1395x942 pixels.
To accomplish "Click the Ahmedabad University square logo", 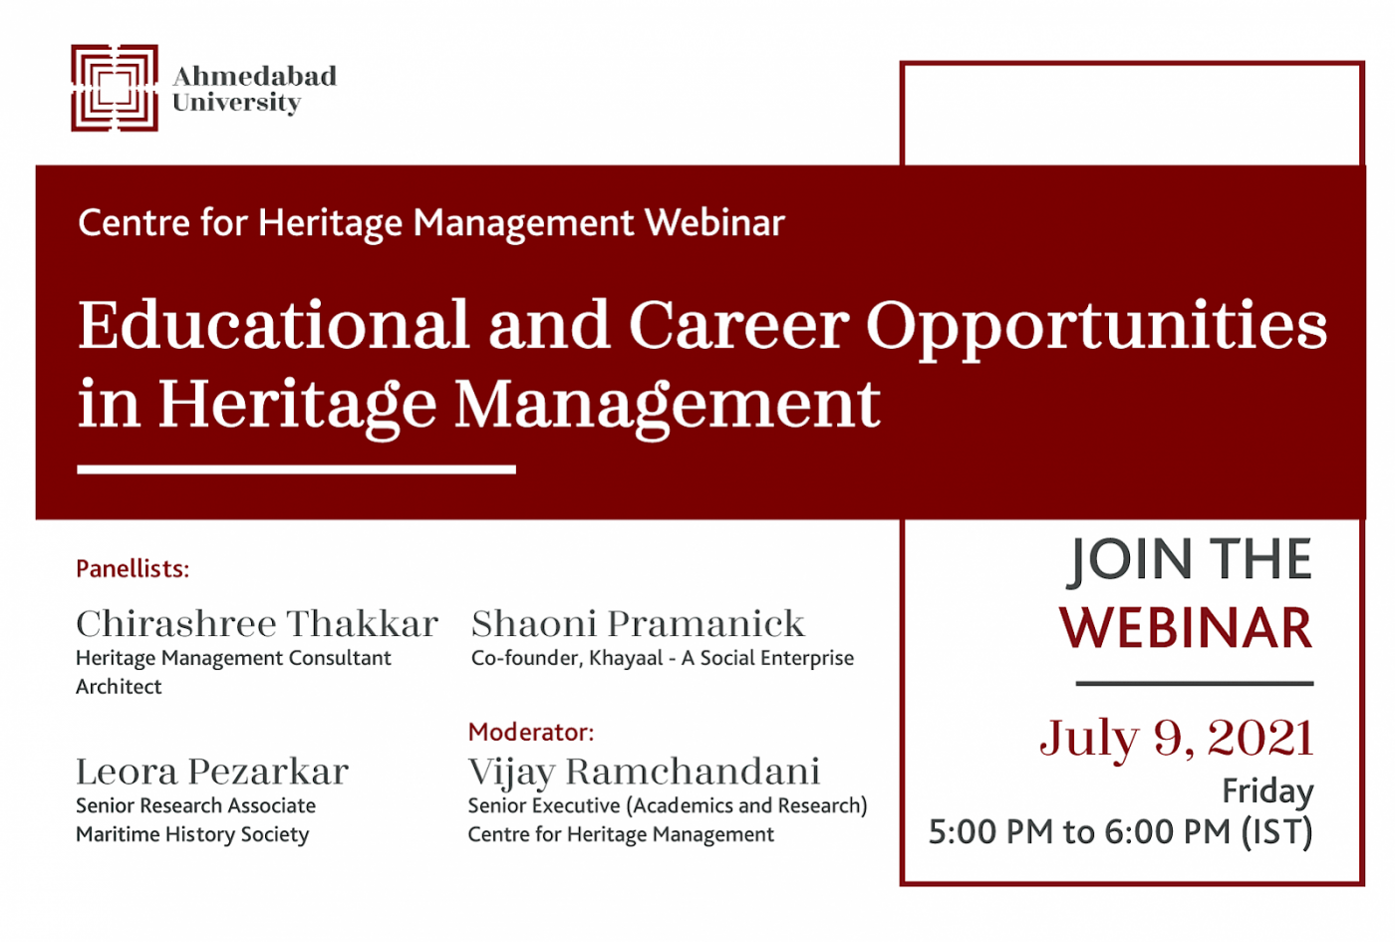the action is (x=115, y=88).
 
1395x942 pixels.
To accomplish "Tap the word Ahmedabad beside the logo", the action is (x=255, y=76).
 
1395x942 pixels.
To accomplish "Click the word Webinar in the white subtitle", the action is (x=715, y=222).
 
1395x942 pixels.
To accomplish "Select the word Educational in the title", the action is (x=273, y=325).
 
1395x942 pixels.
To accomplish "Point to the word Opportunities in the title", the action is (x=1097, y=330).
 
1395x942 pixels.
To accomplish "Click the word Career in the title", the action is (x=739, y=325).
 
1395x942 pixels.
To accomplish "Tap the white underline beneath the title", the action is (x=297, y=470).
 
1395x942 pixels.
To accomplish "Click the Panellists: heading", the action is (x=133, y=569).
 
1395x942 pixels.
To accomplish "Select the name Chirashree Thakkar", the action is (x=257, y=624).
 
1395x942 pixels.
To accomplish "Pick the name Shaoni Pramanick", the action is (x=639, y=624).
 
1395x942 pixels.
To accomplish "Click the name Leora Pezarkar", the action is (x=212, y=772).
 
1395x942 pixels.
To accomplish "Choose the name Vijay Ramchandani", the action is (x=644, y=774).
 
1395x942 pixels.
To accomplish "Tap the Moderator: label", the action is (x=531, y=732).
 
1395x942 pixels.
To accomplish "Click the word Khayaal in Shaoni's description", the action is (x=626, y=659).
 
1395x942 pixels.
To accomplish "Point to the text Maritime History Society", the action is (x=192, y=835).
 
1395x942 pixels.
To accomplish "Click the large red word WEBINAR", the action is (x=1186, y=628).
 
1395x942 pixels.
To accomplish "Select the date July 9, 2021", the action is (x=1177, y=739).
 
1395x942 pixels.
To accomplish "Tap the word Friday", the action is (x=1267, y=791).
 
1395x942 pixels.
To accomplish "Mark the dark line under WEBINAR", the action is (x=1195, y=684).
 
